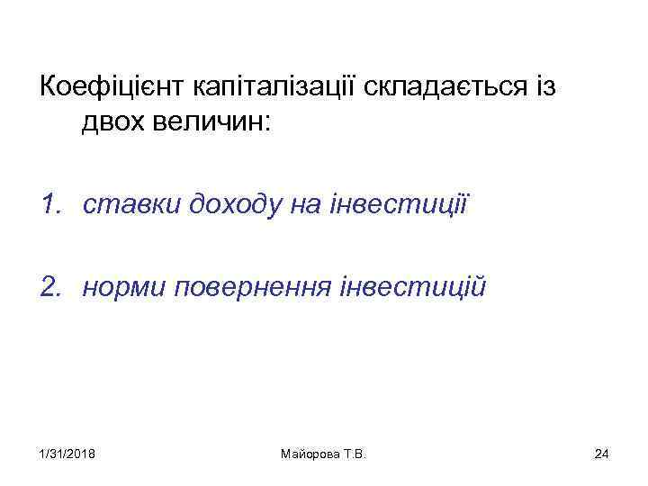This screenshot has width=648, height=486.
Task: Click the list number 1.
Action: pos(49,206)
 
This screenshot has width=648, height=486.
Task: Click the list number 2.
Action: pos(49,288)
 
